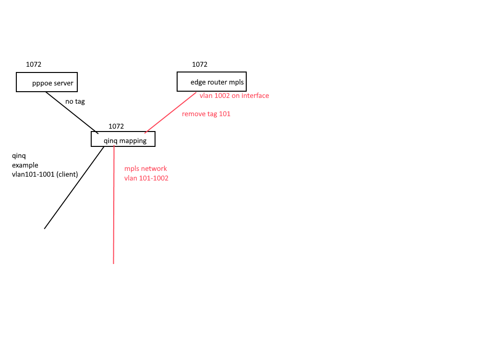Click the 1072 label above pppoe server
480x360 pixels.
34,64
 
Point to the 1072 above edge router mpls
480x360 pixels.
200,64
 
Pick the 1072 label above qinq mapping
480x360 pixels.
116,126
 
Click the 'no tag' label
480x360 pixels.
75,101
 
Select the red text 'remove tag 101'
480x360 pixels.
206,114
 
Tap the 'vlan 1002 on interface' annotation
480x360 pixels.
234,96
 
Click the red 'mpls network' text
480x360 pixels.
145,168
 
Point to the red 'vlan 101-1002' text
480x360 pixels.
146,178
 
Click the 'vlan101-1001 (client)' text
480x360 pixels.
45,174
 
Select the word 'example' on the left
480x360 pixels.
25,165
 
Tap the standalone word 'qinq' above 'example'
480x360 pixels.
19,156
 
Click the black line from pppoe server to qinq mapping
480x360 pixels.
72,113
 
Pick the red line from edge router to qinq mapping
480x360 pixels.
170,113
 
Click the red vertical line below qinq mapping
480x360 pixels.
114,204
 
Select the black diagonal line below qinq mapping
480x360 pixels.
74,188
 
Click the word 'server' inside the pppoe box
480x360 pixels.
64,83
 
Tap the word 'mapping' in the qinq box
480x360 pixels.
133,141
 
